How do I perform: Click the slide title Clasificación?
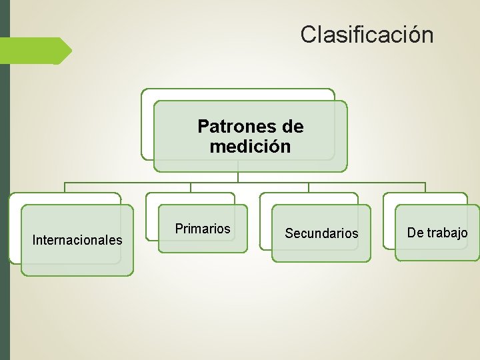[367, 34]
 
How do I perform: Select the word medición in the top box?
[250, 146]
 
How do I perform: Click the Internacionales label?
[77, 239]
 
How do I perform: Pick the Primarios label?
[203, 229]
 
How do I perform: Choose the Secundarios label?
[321, 233]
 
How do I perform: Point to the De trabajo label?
[437, 233]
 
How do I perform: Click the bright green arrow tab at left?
[37, 51]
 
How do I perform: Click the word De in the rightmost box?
[415, 233]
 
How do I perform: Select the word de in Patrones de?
[293, 126]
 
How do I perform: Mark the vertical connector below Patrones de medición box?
[238, 176]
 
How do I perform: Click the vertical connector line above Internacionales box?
[65, 187]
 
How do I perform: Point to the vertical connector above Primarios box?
[191, 187]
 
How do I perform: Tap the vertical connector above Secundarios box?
[308, 187]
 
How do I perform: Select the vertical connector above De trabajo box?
[425, 187]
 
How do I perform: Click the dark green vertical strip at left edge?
[5, 200]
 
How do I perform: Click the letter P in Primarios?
[179, 229]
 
